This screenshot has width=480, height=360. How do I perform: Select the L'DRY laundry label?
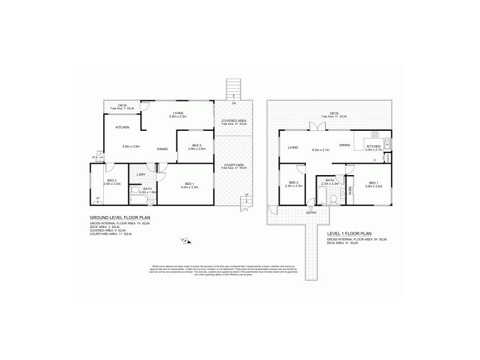click(142, 175)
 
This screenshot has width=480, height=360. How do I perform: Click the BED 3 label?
click(112, 180)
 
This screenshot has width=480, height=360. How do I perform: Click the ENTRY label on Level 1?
click(311, 212)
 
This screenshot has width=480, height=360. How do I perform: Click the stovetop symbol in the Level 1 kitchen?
click(388, 145)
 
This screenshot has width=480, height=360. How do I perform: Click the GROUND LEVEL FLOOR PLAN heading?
click(115, 218)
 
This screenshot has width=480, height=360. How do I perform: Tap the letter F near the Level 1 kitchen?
click(374, 161)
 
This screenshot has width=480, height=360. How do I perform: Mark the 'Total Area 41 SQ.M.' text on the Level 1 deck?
click(331, 116)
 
